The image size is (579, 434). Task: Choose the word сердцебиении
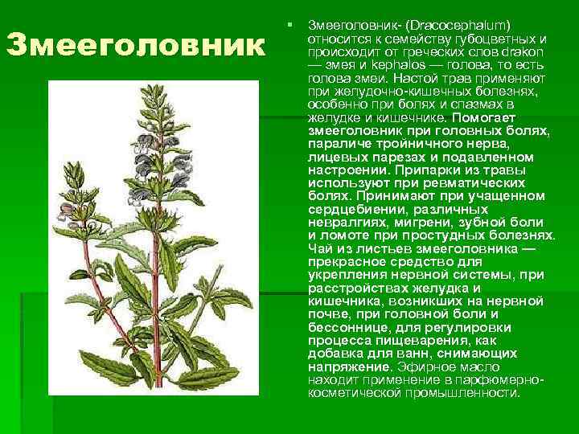coord(352,209)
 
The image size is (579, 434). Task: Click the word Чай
coord(319,248)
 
